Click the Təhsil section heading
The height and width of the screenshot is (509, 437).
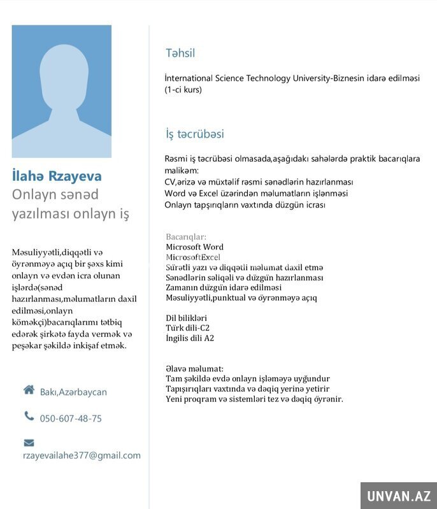coord(180,54)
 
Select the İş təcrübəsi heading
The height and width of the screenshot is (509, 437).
coord(194,134)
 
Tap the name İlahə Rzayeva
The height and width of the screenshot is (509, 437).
coord(57,176)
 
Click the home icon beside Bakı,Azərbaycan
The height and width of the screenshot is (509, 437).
coord(29,390)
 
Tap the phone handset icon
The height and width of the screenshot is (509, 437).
coord(29,416)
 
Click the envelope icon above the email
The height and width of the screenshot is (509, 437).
coord(29,442)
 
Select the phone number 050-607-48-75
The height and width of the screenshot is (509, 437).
coord(71,419)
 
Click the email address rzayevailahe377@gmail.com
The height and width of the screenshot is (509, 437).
coord(82,455)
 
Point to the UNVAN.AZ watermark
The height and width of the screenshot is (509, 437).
coord(398,495)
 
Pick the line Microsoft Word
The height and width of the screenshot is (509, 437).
coord(194,247)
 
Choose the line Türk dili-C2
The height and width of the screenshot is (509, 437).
coord(188,328)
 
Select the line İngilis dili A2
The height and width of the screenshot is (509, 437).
coord(190,338)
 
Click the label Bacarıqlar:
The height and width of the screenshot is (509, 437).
coord(186,237)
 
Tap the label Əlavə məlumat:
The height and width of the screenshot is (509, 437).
coord(194,369)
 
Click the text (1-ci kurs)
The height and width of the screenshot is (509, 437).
coord(183,90)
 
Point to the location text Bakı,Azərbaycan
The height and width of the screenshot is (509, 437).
coord(73,392)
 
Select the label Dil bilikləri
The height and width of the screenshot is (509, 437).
coord(186,318)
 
